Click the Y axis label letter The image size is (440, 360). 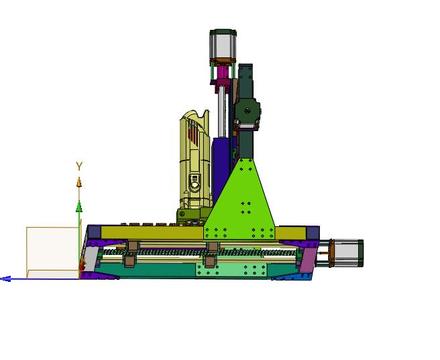point(79,166)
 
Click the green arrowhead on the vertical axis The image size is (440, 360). point(79,207)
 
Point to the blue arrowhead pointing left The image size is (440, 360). point(6,279)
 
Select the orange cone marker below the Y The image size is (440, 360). point(79,182)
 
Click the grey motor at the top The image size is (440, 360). point(223,45)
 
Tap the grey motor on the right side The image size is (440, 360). point(347,253)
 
